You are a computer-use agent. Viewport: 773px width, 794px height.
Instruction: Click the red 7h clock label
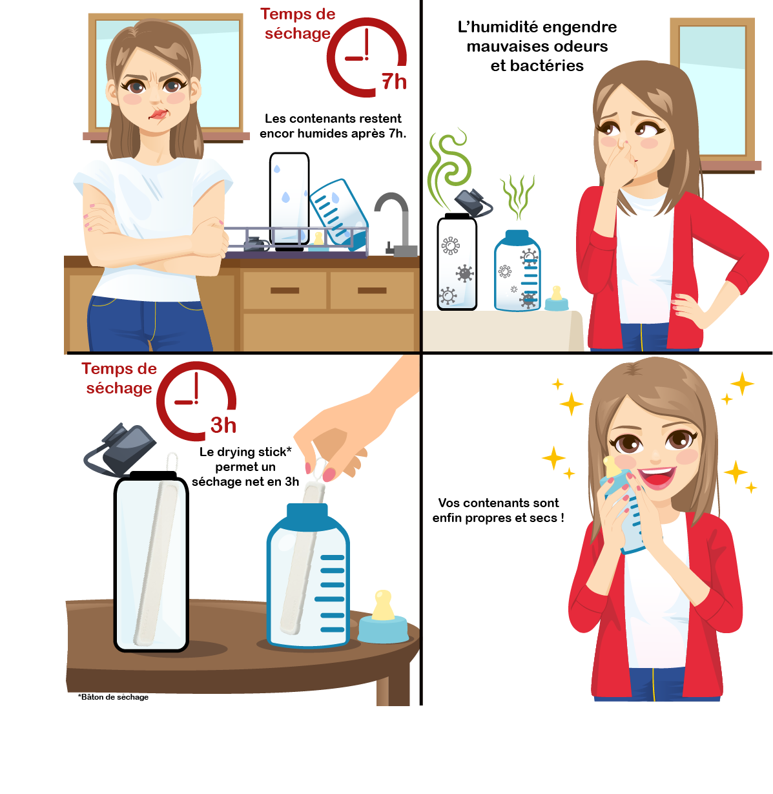pyautogui.click(x=394, y=81)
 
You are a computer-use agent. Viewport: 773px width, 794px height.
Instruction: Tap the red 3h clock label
pyautogui.click(x=223, y=424)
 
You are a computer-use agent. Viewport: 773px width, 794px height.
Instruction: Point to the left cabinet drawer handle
pyautogui.click(x=285, y=290)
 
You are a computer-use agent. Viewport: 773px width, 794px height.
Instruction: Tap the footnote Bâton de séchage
pyautogui.click(x=113, y=697)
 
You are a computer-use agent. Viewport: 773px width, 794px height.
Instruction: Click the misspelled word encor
pyautogui.click(x=278, y=134)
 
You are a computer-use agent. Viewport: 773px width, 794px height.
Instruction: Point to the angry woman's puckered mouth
pyautogui.click(x=158, y=114)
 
